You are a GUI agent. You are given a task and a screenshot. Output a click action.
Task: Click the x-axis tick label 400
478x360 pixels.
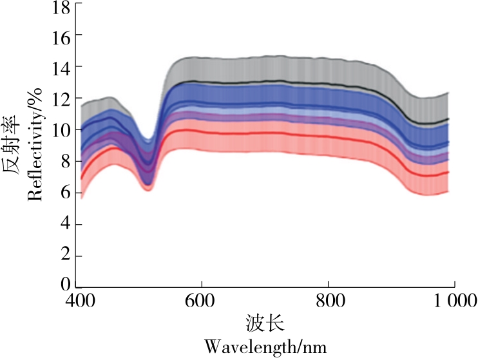click(79, 300)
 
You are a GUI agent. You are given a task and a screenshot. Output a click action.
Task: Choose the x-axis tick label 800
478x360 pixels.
click(328, 300)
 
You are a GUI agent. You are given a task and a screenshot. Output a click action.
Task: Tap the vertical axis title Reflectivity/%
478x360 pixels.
click(35, 146)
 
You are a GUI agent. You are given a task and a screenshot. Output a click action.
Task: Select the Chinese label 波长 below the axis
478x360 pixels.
click(265, 322)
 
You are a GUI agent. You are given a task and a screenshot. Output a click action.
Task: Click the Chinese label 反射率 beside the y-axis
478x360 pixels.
click(14, 146)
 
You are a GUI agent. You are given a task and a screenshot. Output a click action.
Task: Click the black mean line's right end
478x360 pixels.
click(448, 119)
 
